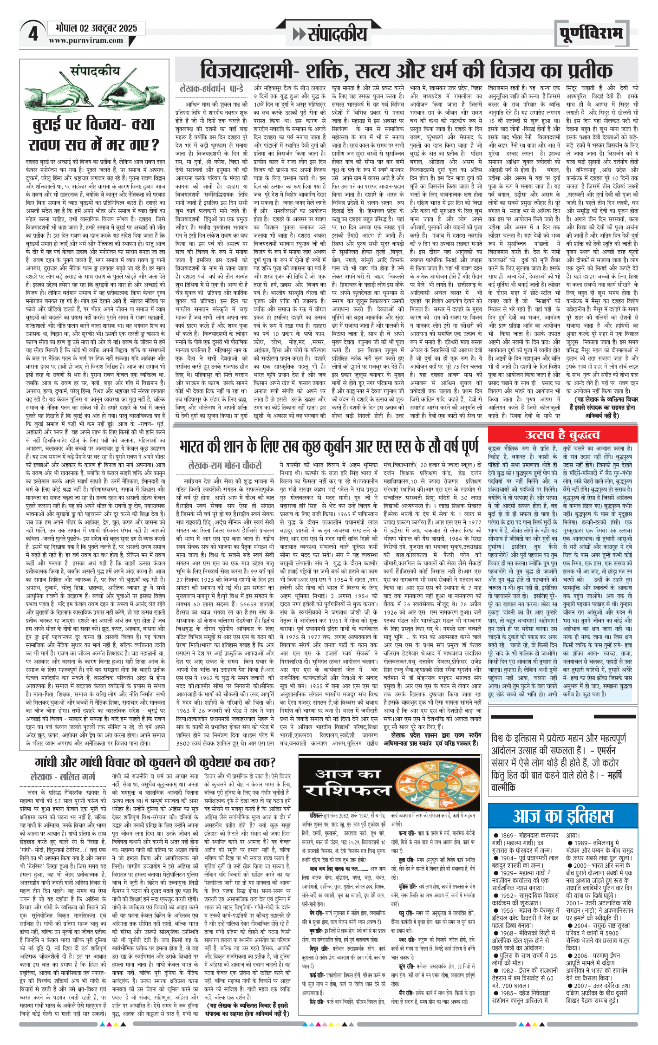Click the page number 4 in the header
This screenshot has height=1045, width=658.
(x=33, y=33)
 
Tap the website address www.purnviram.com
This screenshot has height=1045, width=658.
(x=86, y=40)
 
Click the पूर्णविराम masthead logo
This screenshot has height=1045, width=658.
(x=591, y=34)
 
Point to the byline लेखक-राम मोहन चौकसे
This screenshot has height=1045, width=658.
(x=225, y=465)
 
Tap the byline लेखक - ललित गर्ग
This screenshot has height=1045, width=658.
(x=63, y=777)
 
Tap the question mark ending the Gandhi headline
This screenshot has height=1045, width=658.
(x=272, y=763)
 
